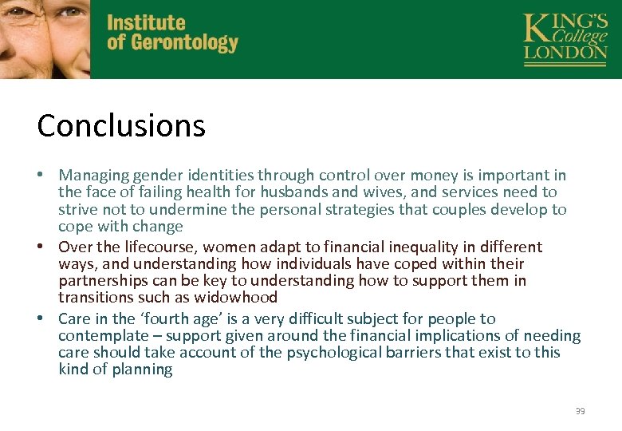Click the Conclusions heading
(x=121, y=125)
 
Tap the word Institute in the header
(x=146, y=23)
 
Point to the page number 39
(x=580, y=411)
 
